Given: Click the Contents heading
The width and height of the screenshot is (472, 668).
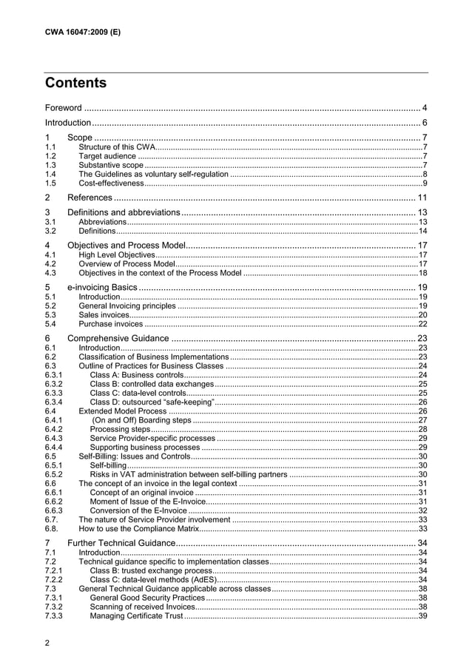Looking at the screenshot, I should coord(75,83).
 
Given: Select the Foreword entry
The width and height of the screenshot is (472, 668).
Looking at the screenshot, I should coord(64,109).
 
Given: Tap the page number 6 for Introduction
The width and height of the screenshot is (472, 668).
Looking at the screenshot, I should coord(424,122).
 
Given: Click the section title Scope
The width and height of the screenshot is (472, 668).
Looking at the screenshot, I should coord(80,138).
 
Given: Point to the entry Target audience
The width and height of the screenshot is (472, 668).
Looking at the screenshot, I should coord(107,156).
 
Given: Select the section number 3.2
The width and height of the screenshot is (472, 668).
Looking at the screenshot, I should coord(50,231).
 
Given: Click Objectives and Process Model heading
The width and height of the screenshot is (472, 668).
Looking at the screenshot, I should coord(124,246).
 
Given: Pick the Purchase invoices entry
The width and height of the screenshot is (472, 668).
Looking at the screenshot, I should coord(111,323).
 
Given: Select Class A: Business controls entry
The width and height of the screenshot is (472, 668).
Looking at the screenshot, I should coord(137,375).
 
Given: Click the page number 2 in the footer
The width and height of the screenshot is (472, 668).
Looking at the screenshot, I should coord(48,642).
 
